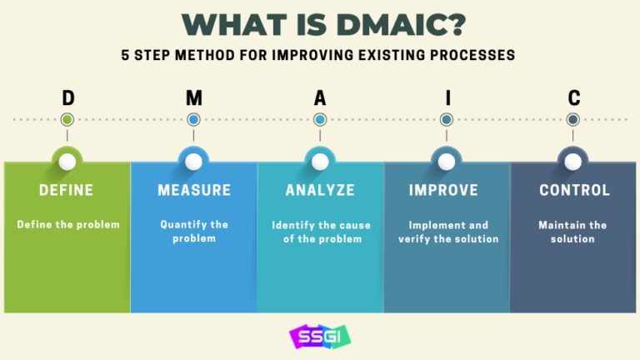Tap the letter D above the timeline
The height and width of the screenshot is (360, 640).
click(67, 98)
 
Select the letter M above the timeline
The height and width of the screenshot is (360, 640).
click(194, 98)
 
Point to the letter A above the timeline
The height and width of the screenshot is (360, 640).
click(320, 98)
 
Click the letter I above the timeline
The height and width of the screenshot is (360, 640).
click(447, 98)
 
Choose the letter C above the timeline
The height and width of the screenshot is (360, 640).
click(573, 98)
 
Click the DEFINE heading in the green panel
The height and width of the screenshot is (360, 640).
click(67, 190)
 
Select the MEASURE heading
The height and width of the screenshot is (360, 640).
click(194, 190)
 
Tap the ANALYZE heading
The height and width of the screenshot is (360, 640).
click(320, 190)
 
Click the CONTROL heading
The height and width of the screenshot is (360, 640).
click(574, 190)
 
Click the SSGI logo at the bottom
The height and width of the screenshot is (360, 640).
click(320, 336)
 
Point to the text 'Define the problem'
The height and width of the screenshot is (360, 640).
click(67, 224)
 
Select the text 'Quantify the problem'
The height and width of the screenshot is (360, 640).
click(194, 231)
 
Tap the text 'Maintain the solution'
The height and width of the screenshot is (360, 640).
click(572, 231)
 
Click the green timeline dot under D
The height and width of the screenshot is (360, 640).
click(67, 120)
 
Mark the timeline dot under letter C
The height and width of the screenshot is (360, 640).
click(573, 120)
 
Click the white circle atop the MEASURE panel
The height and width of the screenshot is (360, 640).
click(193, 161)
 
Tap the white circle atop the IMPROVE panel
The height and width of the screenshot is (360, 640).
click(447, 161)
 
